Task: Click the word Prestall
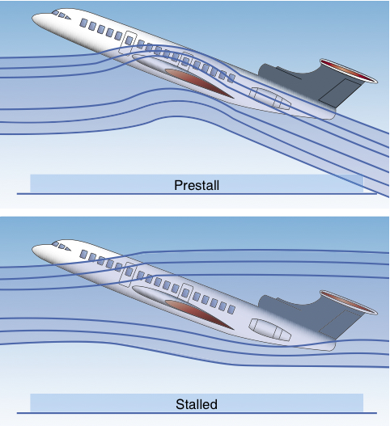(x=197, y=185)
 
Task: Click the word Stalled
(x=197, y=404)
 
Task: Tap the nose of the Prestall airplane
(x=33, y=19)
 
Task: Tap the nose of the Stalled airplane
(x=33, y=250)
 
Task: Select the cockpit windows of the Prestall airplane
(x=61, y=15)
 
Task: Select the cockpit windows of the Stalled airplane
(x=61, y=247)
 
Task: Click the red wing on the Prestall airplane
(x=198, y=82)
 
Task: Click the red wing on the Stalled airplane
(x=198, y=314)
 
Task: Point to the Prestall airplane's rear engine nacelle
(x=269, y=99)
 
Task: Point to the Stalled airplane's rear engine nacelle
(x=269, y=330)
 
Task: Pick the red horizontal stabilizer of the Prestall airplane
(x=349, y=70)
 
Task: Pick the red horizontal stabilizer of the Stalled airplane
(x=349, y=302)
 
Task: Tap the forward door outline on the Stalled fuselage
(x=128, y=274)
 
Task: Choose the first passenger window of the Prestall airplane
(x=84, y=23)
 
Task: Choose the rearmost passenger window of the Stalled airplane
(x=231, y=309)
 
